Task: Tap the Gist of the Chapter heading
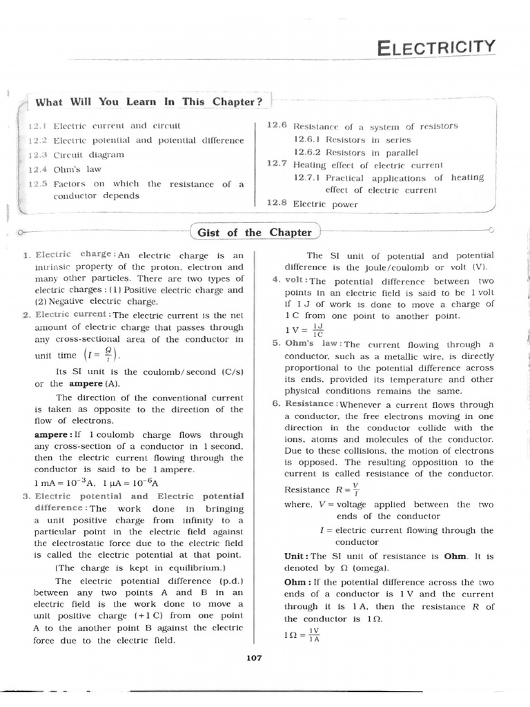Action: click(254, 232)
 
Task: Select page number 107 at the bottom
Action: click(254, 658)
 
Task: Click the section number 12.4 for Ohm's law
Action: click(37, 169)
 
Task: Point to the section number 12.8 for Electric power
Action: click(277, 204)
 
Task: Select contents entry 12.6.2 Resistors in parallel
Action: click(355, 152)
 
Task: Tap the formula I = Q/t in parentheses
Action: click(101, 354)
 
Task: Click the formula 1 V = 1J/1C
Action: click(304, 329)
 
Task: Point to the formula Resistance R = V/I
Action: click(322, 490)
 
